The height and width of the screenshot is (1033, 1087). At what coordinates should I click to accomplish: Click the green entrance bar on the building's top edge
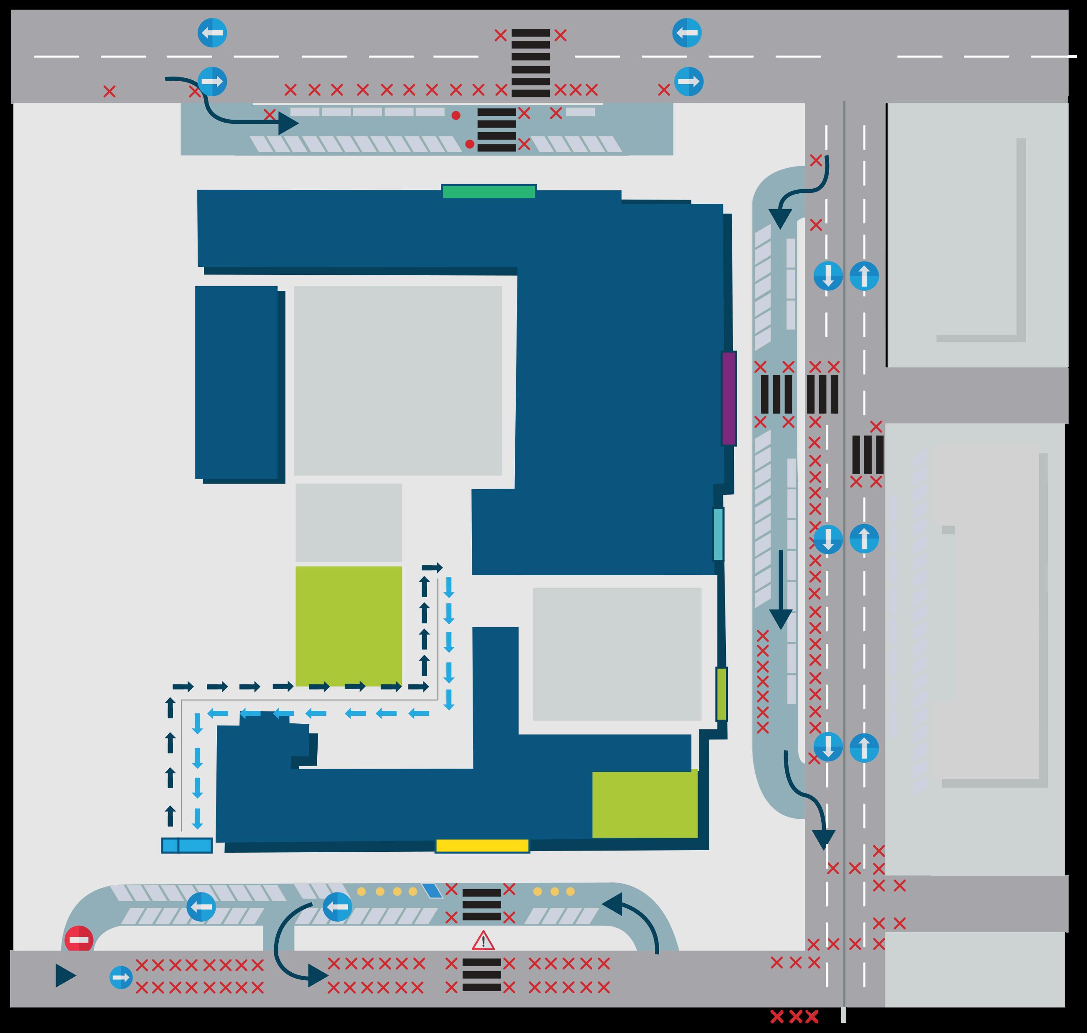[489, 192]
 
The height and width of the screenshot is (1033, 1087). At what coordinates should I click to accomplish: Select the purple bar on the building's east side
[728, 398]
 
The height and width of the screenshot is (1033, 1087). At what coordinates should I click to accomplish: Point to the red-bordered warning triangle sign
[483, 941]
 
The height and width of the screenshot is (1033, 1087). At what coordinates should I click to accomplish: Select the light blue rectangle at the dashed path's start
[187, 845]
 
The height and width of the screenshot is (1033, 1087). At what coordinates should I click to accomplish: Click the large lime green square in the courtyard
[348, 626]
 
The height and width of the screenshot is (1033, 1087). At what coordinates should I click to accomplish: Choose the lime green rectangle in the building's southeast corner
[645, 805]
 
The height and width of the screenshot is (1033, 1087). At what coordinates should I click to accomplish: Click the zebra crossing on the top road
[531, 63]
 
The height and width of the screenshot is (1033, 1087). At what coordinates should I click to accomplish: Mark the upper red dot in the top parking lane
[456, 115]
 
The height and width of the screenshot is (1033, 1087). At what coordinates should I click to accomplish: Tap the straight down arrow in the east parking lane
[780, 589]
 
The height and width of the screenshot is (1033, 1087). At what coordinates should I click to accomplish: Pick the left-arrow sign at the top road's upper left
[212, 33]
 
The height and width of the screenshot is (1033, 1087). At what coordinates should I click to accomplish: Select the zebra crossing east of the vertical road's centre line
[867, 455]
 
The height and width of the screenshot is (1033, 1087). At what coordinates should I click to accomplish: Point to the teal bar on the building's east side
[718, 534]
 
